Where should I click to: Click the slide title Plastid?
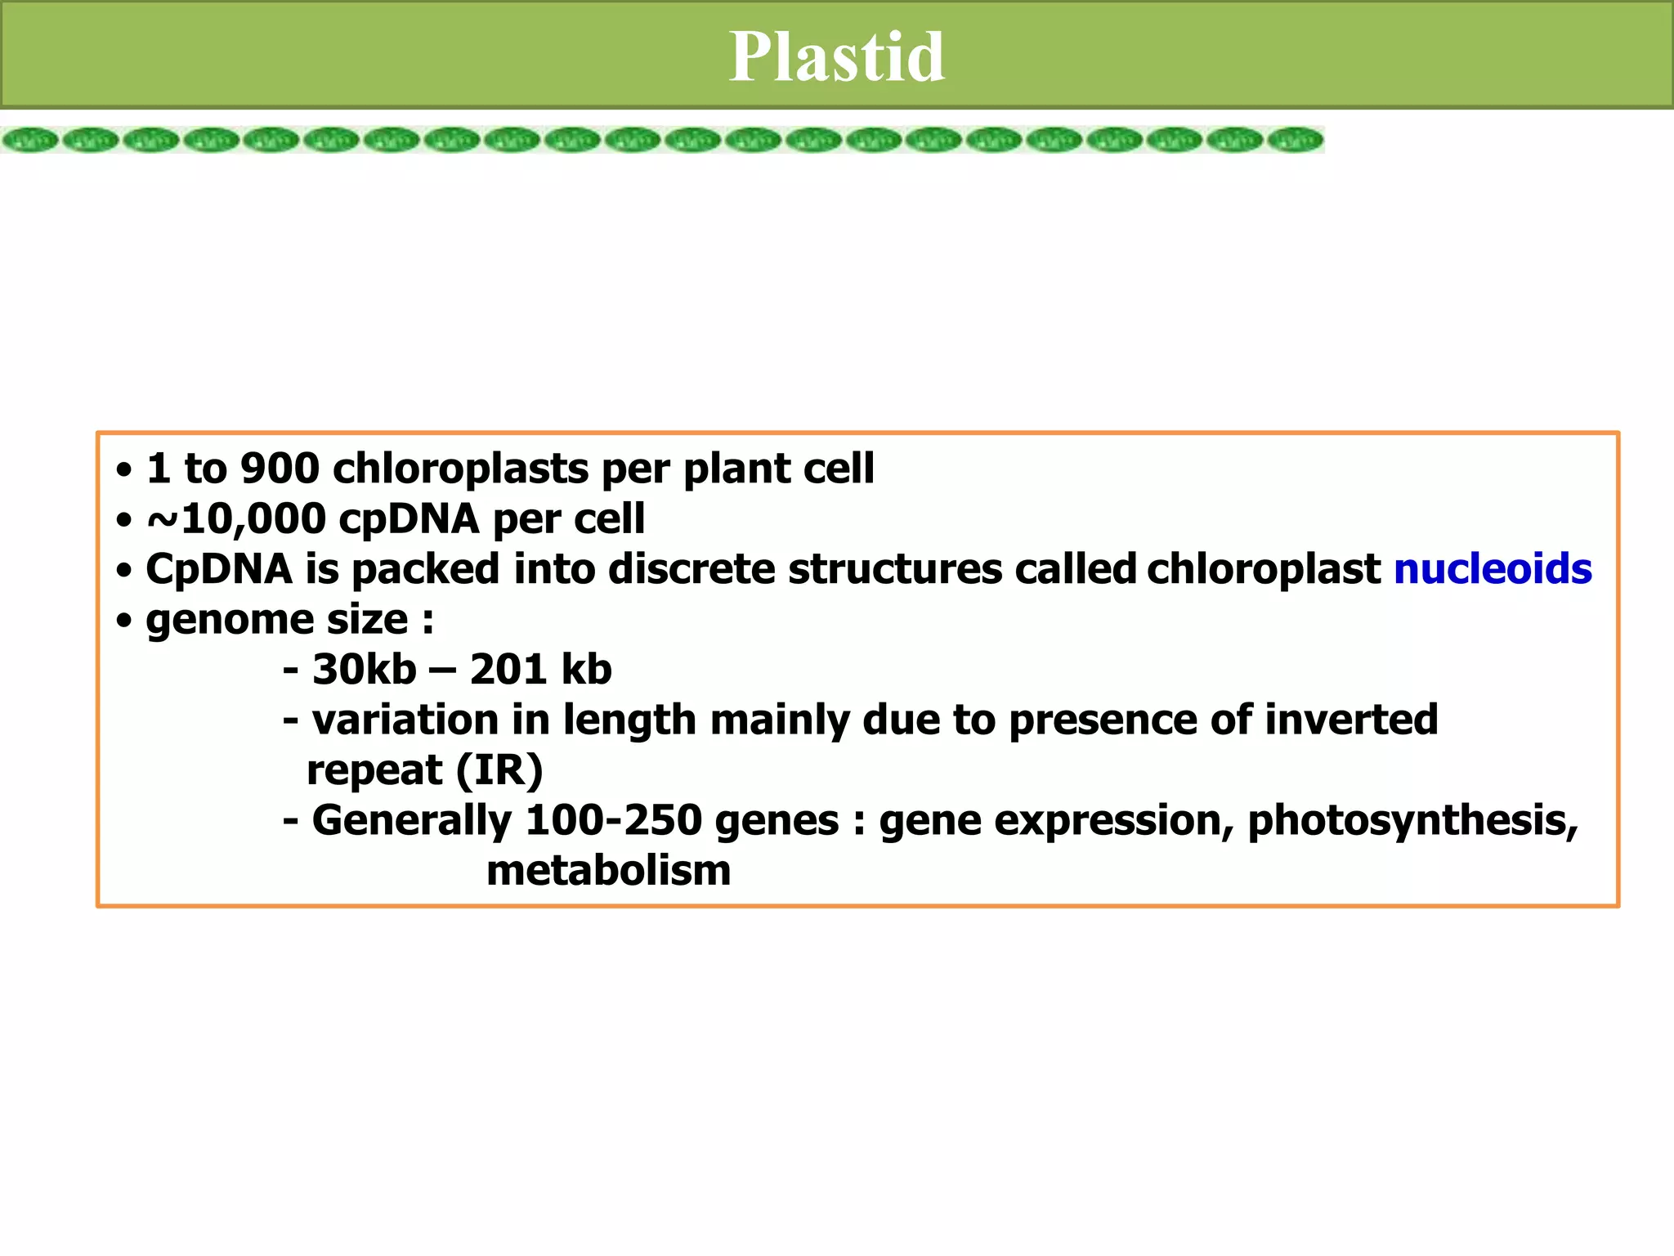click(837, 56)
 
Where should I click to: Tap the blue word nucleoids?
click(1493, 569)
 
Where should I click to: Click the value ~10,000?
click(236, 519)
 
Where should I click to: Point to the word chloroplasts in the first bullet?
click(460, 469)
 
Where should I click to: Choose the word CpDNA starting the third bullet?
click(218, 569)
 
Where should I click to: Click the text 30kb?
click(364, 670)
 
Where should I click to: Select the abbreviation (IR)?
click(499, 770)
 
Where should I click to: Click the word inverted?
click(1351, 720)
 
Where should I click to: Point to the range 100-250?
click(613, 820)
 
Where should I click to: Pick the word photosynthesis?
click(1412, 820)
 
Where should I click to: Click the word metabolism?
click(608, 871)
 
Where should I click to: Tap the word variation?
click(405, 720)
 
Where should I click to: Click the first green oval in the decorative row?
click(30, 141)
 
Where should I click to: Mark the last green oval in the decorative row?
click(1296, 141)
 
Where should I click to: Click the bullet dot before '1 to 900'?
click(123, 470)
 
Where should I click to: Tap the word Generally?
click(412, 820)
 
